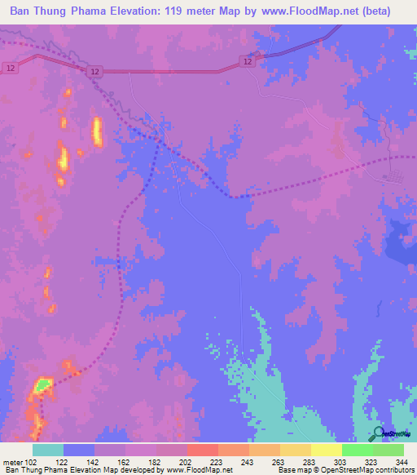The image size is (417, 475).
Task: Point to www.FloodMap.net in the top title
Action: (x=305, y=11)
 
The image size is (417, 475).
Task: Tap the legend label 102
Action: (x=29, y=461)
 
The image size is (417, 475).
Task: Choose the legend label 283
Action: (x=295, y=461)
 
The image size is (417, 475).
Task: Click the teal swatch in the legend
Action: (x=48, y=450)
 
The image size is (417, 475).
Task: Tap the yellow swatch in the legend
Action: (x=326, y=450)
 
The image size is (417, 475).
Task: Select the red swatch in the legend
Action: (x=202, y=450)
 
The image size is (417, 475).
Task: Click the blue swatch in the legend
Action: (x=79, y=450)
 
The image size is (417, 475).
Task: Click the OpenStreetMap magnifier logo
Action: (x=378, y=434)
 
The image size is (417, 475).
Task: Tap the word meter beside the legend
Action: (x=13, y=461)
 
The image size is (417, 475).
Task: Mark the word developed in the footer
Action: (x=144, y=470)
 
